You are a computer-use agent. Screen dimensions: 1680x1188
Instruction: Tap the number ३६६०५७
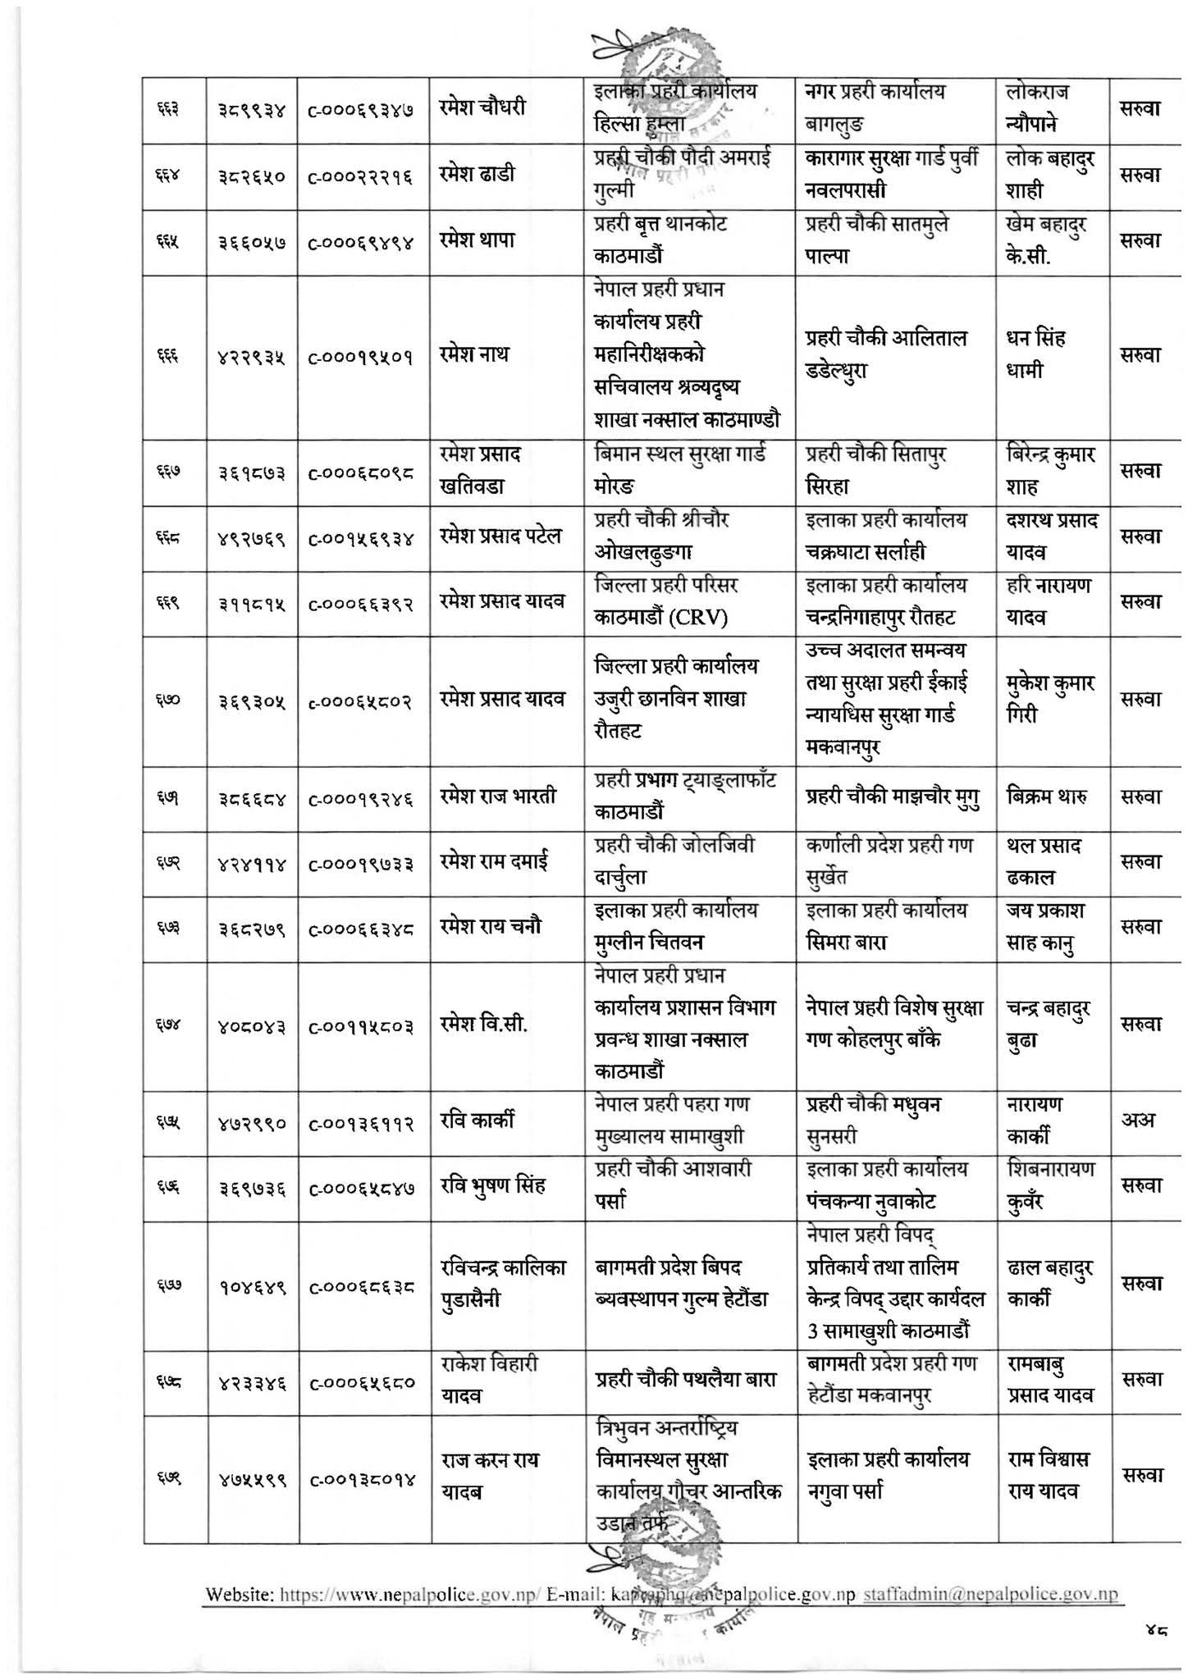(251, 242)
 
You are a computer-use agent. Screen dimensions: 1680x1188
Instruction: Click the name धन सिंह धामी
(1035, 354)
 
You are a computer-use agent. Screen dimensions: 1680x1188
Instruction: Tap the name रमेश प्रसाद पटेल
(500, 536)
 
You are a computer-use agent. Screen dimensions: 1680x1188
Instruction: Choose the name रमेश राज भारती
(498, 796)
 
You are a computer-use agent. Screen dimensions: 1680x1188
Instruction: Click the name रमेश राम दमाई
(495, 861)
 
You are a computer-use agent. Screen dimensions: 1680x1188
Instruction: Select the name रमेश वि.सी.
(483, 1025)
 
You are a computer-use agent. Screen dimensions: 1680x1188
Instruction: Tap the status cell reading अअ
(1138, 1121)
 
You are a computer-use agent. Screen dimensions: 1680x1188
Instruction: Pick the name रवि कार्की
(477, 1121)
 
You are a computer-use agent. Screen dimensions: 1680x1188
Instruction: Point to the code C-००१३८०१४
(362, 1478)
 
